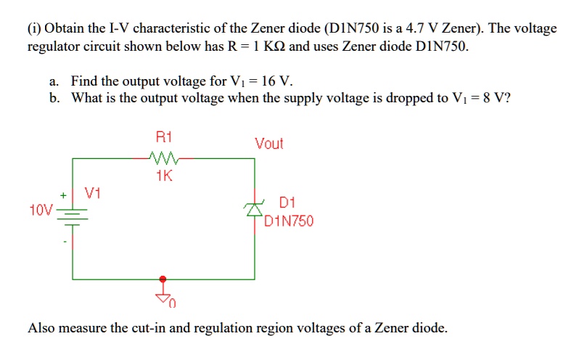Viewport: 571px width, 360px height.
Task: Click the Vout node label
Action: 268,144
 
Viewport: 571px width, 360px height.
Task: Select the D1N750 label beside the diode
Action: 289,221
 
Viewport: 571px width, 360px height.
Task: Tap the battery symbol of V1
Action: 72,212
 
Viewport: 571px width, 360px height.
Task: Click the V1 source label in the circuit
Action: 92,194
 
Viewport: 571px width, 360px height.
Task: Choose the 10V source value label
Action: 41,210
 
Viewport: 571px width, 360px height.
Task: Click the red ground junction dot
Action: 163,278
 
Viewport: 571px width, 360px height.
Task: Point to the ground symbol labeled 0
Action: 164,296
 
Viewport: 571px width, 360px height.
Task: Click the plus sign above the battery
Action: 63,195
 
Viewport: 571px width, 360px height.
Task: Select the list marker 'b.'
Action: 55,98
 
